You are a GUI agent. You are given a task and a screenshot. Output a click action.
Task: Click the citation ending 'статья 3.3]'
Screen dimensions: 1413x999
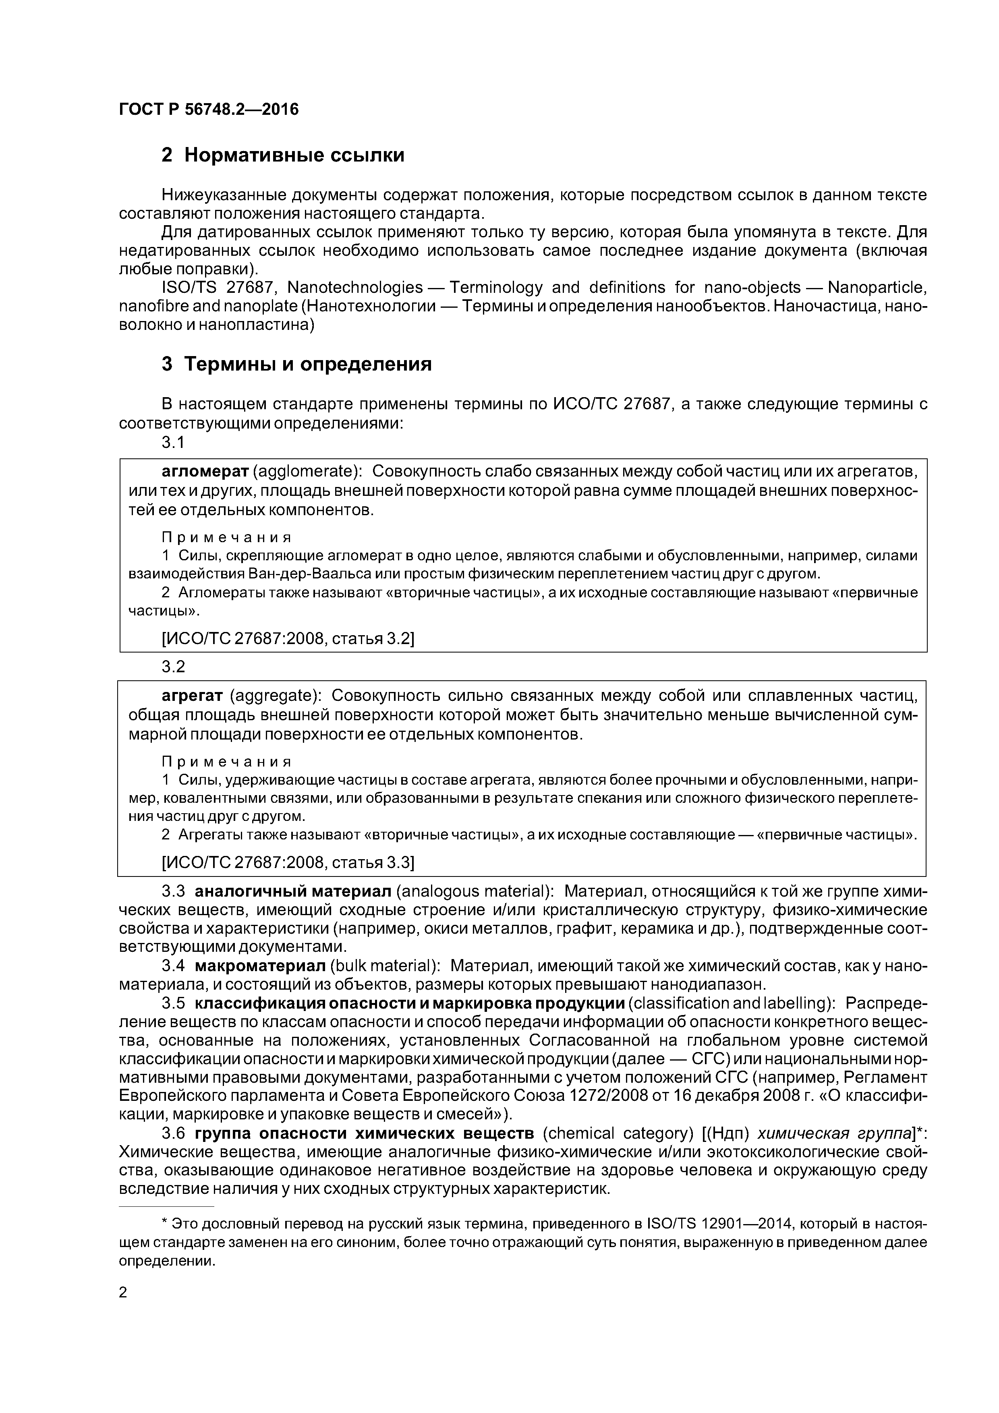tap(372, 863)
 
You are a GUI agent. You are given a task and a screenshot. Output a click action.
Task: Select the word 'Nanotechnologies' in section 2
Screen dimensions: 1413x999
tap(355, 288)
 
